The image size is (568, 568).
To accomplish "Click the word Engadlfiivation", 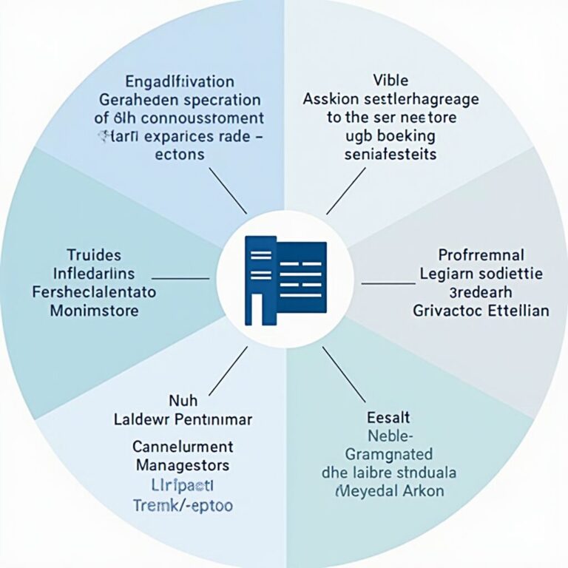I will (180, 81).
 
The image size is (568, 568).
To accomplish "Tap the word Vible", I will (390, 80).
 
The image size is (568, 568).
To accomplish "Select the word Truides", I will (93, 255).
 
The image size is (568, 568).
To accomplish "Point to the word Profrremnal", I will (481, 255).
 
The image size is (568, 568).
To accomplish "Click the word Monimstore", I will (94, 311).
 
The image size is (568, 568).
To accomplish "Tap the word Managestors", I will (183, 466).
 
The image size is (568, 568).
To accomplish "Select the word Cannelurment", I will (183, 447).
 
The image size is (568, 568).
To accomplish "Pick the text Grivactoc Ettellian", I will (481, 311).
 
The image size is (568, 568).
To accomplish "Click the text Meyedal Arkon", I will (390, 490).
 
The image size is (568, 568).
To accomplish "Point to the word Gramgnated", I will (390, 453).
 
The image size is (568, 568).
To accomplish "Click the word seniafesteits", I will (390, 155).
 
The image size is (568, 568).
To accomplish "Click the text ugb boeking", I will (390, 136).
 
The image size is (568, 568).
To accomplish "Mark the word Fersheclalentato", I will (94, 292).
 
